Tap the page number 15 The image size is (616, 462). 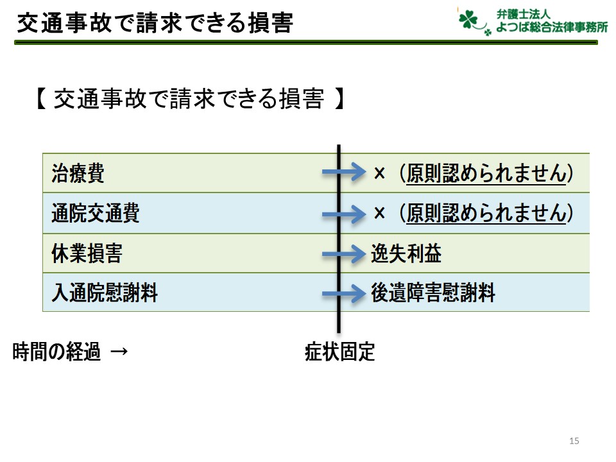pos(574,441)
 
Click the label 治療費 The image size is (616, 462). pos(78,173)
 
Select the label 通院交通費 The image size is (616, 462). pos(96,213)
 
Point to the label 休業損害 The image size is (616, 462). pos(87,253)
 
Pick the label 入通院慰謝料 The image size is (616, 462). pos(105,293)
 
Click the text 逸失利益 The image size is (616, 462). pos(406,253)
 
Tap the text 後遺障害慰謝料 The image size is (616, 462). pos(433,293)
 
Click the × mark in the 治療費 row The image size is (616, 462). pos(379,173)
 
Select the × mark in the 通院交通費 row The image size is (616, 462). pos(379,213)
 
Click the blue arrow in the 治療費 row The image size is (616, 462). pos(344,172)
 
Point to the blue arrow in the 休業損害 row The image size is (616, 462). pos(344,254)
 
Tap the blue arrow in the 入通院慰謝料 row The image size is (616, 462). pos(344,293)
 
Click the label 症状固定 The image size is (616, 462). pos(340,352)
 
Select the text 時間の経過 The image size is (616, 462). pos(56,352)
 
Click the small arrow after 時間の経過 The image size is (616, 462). pos(119,351)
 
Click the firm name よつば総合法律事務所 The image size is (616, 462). pos(552,28)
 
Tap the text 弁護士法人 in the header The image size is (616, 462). pos(524,14)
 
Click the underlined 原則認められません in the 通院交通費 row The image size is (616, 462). pos(486,213)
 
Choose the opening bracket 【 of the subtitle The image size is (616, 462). pos(41,98)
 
